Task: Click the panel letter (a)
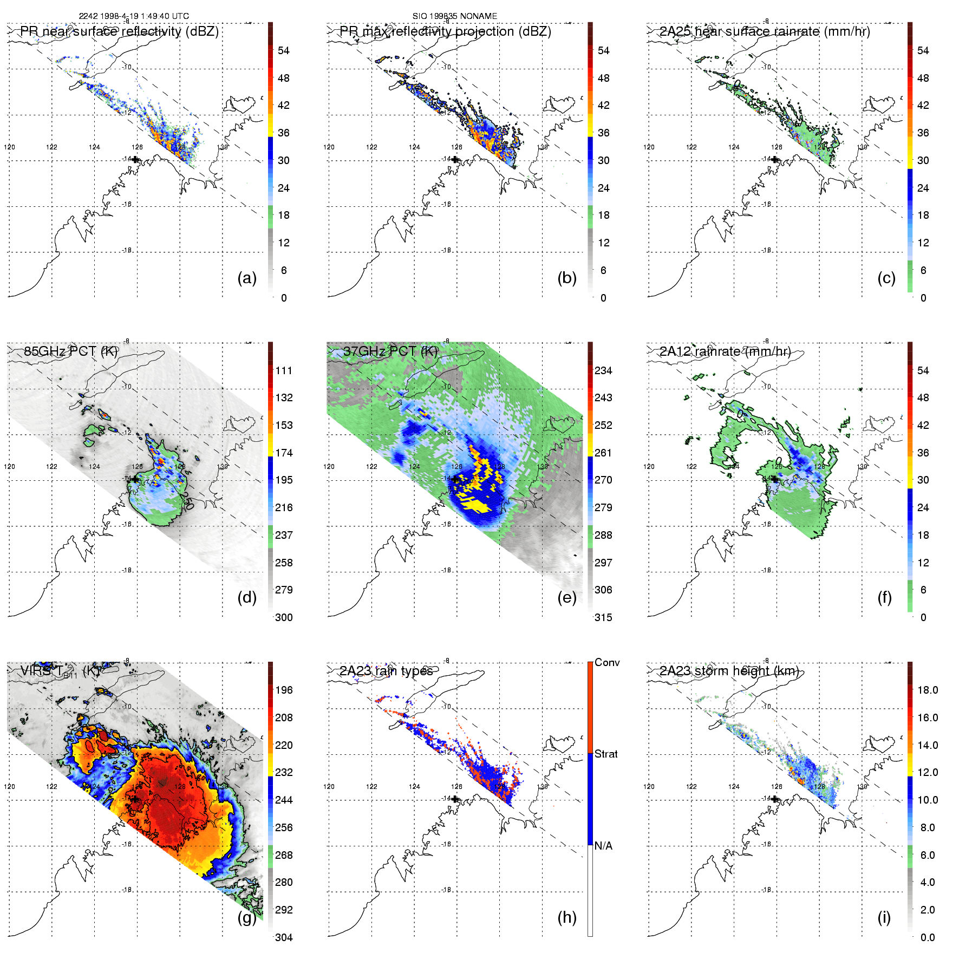[x=246, y=278]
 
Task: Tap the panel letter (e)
[x=566, y=598]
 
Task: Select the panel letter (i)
[x=884, y=918]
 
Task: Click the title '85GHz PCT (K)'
[x=70, y=351]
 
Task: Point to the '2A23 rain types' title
[x=386, y=671]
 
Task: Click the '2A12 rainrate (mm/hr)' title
[x=725, y=351]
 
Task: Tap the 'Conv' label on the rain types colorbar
[x=607, y=663]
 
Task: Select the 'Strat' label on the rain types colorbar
[x=606, y=754]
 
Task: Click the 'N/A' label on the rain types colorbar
[x=603, y=846]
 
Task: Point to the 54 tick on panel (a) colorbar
[x=284, y=51]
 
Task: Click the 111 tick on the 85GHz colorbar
[x=284, y=371]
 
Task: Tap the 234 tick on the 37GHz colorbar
[x=603, y=371]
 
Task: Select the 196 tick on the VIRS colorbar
[x=284, y=690]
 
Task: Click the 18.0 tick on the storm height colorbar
[x=927, y=690]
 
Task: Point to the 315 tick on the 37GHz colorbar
[x=603, y=618]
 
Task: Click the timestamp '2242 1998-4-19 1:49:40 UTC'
[x=134, y=16]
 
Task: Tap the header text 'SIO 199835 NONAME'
[x=454, y=16]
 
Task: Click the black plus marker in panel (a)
[x=135, y=160]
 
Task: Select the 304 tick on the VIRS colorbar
[x=284, y=938]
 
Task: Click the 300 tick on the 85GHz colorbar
[x=284, y=618]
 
